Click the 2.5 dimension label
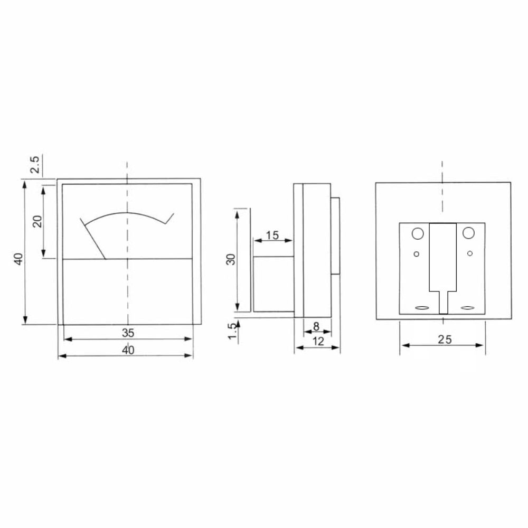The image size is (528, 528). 35,164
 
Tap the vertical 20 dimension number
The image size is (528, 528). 37,221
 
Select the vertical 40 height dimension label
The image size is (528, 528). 19,259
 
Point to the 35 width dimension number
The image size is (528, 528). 128,333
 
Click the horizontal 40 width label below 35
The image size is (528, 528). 128,350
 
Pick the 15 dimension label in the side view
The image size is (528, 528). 272,235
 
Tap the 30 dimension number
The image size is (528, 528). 231,259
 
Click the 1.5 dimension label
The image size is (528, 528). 232,332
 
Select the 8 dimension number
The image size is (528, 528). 316,326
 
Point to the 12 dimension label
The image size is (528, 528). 318,342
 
